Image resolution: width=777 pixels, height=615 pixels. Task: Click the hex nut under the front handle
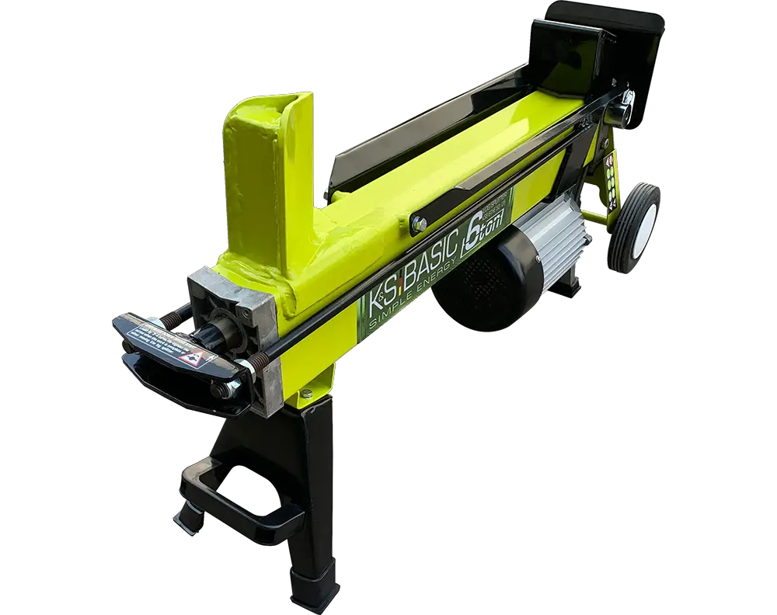(x=223, y=391)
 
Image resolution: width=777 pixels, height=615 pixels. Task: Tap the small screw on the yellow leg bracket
(x=305, y=396)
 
